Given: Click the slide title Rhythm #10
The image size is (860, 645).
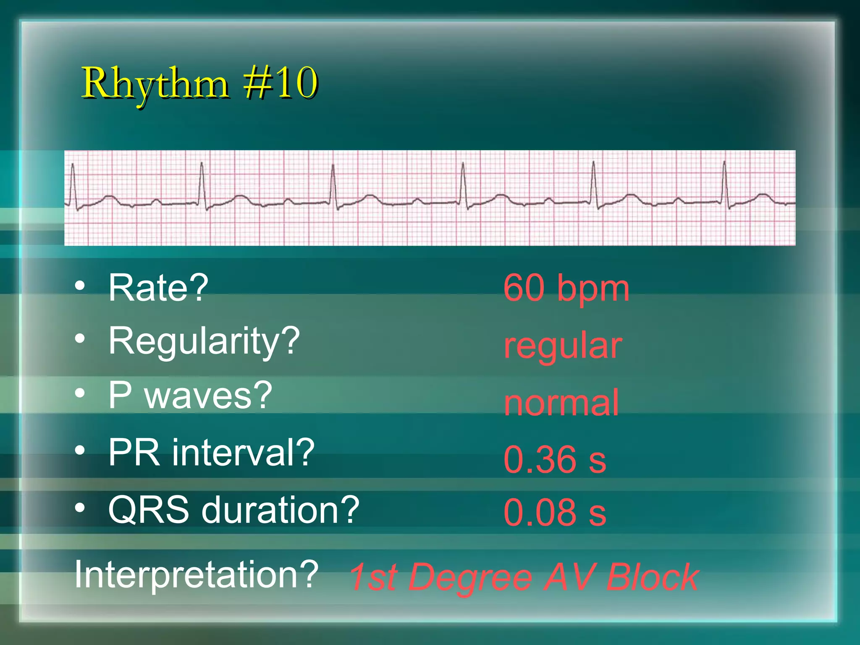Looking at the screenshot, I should (199, 84).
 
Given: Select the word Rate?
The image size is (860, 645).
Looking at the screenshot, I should (158, 288).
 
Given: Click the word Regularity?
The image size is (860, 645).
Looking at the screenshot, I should (204, 341).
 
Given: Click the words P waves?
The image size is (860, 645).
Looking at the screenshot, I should (190, 395).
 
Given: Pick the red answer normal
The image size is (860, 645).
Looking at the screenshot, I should (561, 403).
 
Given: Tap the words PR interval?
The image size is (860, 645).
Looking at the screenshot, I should (211, 452).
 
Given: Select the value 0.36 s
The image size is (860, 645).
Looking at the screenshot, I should (555, 459).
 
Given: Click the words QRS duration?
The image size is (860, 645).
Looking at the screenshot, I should (233, 509).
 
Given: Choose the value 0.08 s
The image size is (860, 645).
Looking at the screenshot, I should (555, 512).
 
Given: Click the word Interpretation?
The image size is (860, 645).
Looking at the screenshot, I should (197, 574).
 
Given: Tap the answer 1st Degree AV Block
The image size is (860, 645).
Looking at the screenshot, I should (524, 577).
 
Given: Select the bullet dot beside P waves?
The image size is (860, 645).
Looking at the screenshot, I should (80, 393).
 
